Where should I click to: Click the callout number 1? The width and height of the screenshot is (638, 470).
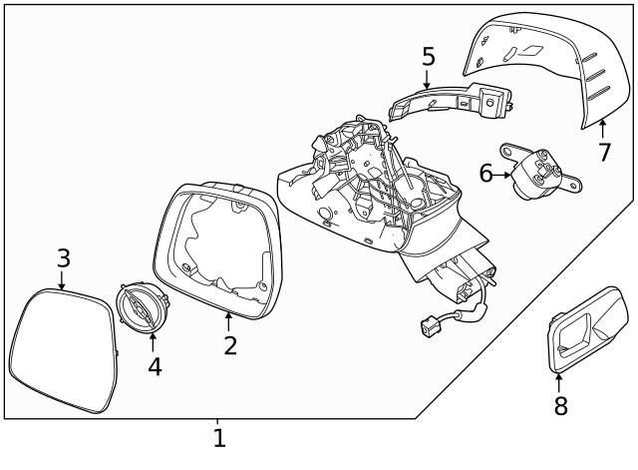(219, 438)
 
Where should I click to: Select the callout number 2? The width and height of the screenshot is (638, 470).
(230, 345)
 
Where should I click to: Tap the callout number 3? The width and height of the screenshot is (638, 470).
(63, 257)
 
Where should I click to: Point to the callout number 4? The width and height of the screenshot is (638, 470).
(155, 366)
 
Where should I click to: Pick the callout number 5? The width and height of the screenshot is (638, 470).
(429, 57)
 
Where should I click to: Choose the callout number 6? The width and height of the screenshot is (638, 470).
(485, 173)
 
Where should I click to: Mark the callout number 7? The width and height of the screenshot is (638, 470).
(604, 153)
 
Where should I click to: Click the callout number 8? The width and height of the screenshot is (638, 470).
(559, 406)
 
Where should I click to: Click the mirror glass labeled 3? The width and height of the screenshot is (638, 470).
(62, 349)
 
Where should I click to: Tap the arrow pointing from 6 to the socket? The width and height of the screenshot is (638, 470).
(504, 174)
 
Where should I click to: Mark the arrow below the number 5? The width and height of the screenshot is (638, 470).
(428, 80)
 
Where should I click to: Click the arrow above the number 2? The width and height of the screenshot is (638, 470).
(229, 321)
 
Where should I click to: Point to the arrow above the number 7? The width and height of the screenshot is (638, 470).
(603, 129)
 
